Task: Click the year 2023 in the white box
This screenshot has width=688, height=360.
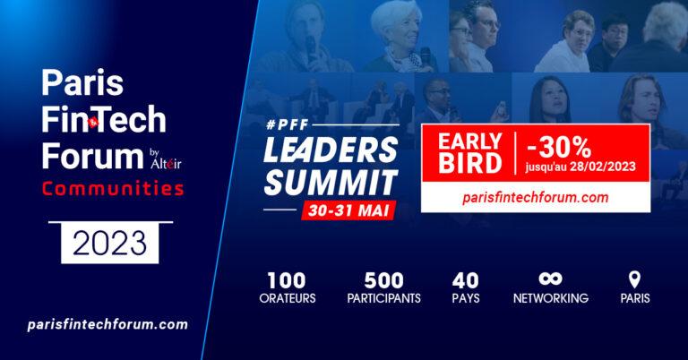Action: [109, 243]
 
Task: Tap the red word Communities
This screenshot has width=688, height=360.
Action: [113, 189]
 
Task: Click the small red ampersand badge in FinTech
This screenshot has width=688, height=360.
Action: [93, 123]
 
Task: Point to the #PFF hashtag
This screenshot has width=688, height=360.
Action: [288, 125]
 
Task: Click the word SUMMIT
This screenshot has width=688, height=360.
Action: [331, 183]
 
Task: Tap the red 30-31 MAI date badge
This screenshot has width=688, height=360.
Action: [348, 210]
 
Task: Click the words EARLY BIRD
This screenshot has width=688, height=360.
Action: [470, 153]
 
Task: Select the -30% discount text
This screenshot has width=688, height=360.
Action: [559, 147]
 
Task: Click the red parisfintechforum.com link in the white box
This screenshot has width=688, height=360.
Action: [536, 197]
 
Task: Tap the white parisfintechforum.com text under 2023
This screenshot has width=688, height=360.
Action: [107, 324]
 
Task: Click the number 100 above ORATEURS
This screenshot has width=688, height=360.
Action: [287, 280]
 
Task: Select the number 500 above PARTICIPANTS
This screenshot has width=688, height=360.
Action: [383, 280]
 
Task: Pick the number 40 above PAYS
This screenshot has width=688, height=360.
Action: [466, 280]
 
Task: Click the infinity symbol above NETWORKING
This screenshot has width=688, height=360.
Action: [550, 279]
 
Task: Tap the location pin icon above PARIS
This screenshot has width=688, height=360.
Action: [634, 279]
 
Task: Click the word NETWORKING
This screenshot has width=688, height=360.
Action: [551, 298]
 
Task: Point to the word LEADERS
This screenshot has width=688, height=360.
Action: [331, 150]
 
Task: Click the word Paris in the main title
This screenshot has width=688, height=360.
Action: [82, 83]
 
